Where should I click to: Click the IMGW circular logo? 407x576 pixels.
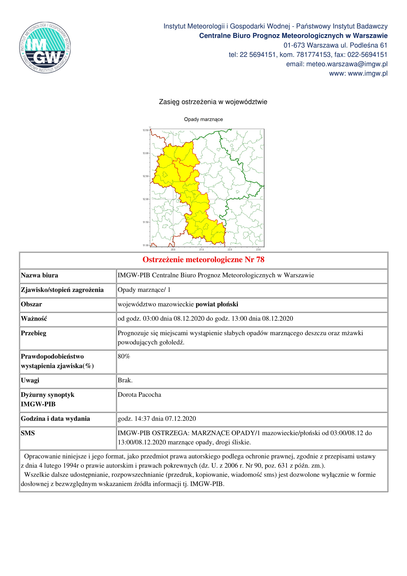coord(45,48)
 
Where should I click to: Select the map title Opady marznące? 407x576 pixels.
coord(203,119)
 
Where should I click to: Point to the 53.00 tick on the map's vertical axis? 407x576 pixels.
coord(146,153)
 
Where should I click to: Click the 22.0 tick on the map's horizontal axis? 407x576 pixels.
coord(230,249)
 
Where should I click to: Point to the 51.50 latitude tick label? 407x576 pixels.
coord(146,222)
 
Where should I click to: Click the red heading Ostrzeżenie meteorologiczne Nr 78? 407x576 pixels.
coord(203,260)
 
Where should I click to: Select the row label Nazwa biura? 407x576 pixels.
coord(39,276)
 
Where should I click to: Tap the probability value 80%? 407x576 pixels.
coord(124,357)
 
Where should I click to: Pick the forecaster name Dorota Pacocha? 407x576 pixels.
coord(139,395)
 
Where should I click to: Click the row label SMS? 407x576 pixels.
coord(28,433)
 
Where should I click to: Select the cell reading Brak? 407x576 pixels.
coord(125,380)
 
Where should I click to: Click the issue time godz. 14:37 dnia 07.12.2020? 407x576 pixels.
coord(157,418)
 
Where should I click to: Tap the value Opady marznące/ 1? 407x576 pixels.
coord(144,290)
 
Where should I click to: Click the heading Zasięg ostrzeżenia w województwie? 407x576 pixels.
coord(213,102)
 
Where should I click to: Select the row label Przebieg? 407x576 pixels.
coord(33,333)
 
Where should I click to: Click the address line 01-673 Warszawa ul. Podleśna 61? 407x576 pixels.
coord(335,45)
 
